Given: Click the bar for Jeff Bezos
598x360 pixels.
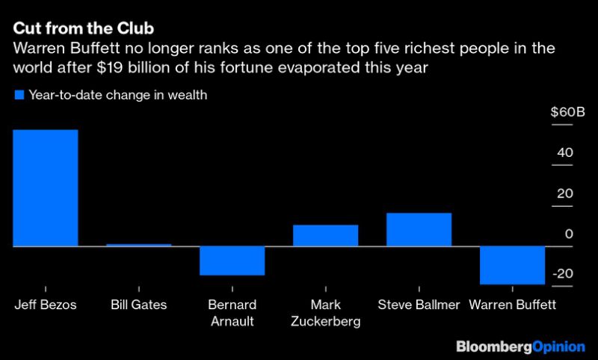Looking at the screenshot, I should tap(46, 187).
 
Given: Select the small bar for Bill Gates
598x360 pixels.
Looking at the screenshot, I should tap(139, 244).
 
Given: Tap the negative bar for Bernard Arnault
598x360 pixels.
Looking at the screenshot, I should tap(232, 260).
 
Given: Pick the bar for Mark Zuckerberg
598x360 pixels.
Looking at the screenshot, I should tap(326, 235).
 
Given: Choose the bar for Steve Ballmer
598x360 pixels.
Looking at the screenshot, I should tap(419, 229).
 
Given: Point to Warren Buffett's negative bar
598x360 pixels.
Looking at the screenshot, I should tap(512, 265).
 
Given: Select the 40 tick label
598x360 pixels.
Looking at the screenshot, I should tap(565, 152).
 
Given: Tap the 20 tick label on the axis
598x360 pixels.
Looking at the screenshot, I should tap(565, 193).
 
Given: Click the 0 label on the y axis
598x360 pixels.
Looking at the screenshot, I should tap(569, 233).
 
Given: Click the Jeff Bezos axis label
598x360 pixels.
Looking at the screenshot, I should tap(46, 305).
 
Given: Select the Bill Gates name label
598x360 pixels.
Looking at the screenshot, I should tap(139, 305).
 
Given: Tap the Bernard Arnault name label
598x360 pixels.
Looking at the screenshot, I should tap(232, 313).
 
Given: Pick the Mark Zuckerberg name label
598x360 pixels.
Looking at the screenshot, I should tap(326, 313).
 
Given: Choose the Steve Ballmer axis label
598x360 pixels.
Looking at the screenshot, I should tap(419, 305).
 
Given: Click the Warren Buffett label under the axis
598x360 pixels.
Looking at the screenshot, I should tap(512, 305).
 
